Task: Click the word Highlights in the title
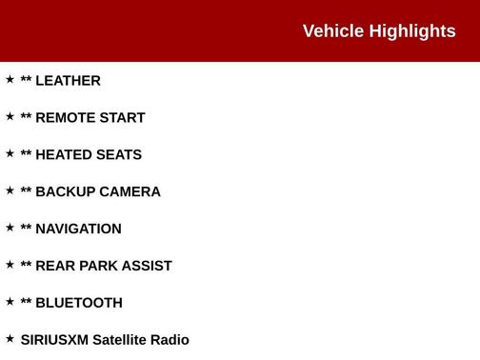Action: (412, 31)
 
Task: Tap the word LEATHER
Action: (68, 81)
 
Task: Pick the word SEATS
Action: (117, 155)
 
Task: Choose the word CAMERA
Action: (130, 192)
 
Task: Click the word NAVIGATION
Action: (78, 230)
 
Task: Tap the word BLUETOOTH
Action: (79, 304)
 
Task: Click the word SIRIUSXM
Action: (54, 340)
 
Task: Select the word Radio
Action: (172, 340)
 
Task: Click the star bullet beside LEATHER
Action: (10, 79)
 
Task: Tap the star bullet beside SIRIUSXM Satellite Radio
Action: (10, 338)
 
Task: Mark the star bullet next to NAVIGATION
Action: (10, 228)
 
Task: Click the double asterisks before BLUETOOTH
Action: (26, 302)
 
